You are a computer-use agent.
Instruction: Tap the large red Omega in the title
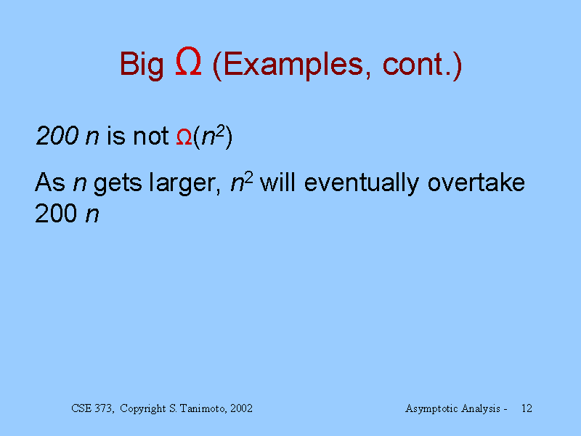coord(188,62)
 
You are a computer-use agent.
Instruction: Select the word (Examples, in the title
coord(292,65)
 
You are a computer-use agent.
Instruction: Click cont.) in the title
coord(422,65)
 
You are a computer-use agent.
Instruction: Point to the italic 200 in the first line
coord(57,136)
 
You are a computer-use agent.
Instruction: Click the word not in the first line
coord(151,136)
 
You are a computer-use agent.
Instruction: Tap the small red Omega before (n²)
coord(184,137)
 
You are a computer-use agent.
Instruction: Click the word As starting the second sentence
coord(50,182)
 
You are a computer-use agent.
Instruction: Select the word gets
coord(118,184)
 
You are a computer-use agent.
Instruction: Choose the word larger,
coord(185,183)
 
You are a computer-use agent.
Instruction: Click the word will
coord(278,182)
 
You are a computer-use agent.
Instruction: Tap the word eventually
coord(362,183)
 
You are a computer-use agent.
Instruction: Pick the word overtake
coord(476,182)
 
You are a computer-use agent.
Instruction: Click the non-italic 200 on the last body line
coord(56,214)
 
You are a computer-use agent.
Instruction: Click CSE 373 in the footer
coord(93,408)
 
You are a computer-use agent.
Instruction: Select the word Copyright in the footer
coord(143,409)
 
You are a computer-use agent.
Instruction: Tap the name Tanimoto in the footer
coord(203,408)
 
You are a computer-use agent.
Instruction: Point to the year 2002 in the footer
coord(241,408)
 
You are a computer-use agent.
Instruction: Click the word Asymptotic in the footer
coord(430,409)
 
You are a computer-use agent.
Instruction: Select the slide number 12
coord(527,408)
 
